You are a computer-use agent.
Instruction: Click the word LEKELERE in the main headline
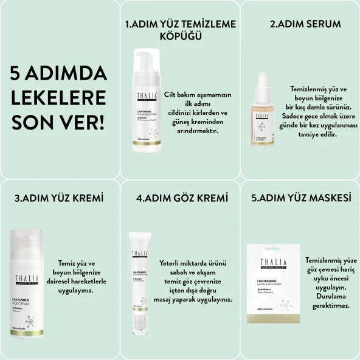[x=58, y=97]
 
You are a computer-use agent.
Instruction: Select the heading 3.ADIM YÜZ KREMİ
[x=58, y=198]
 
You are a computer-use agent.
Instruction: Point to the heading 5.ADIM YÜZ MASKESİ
[x=302, y=198]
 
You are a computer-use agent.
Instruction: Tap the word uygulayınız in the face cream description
[x=74, y=291]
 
